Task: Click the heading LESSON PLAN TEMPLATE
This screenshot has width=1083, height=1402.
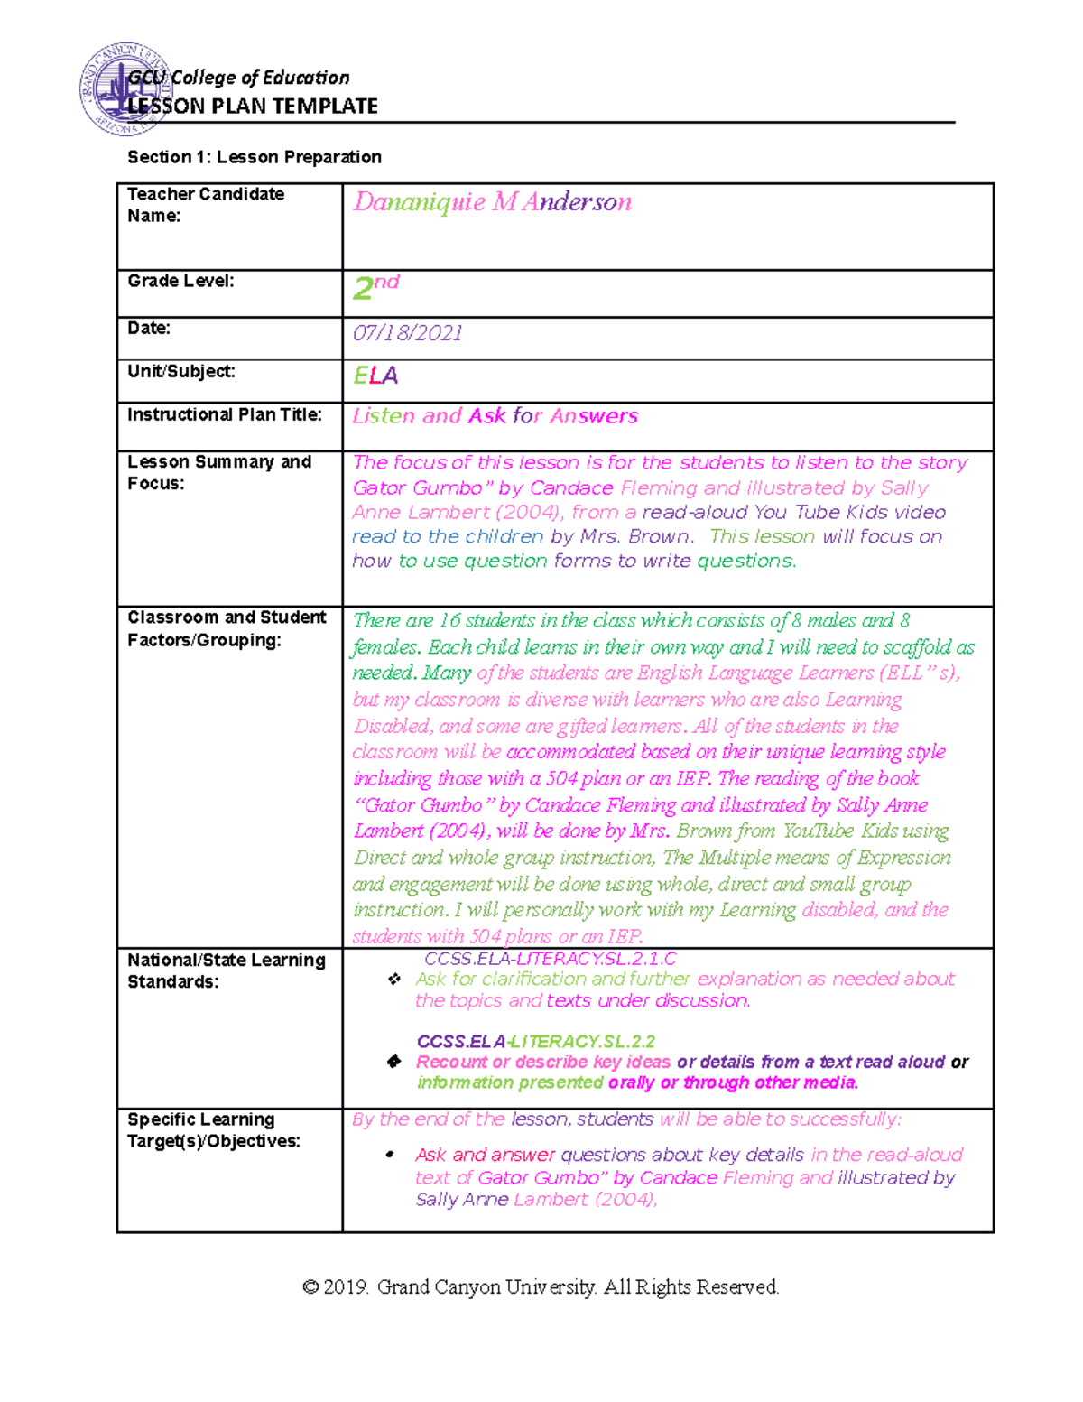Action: (x=253, y=107)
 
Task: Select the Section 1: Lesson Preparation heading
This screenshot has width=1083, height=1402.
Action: (x=255, y=157)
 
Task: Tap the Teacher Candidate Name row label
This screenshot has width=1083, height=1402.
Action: (x=205, y=205)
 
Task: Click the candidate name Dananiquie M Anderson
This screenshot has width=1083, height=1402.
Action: (x=492, y=202)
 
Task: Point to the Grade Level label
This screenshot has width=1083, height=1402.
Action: (x=180, y=281)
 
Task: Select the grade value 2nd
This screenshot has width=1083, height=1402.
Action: (x=375, y=286)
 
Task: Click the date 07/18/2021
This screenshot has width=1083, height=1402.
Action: (x=407, y=333)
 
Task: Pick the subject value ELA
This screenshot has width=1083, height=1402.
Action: (x=375, y=376)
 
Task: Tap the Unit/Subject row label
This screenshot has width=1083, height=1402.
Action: (x=181, y=371)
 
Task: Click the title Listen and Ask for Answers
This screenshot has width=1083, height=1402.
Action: (x=495, y=416)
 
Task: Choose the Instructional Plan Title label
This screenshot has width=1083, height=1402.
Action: (x=225, y=414)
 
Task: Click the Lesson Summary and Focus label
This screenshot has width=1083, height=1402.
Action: (x=219, y=472)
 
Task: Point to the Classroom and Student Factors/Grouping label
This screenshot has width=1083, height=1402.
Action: (x=227, y=628)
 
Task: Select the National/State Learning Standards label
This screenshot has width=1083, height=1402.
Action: (x=226, y=970)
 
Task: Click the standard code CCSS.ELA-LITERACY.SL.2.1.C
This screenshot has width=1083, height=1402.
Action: (x=550, y=959)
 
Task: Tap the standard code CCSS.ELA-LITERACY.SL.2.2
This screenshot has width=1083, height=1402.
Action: (x=536, y=1041)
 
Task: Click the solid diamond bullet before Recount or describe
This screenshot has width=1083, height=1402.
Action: (x=393, y=1062)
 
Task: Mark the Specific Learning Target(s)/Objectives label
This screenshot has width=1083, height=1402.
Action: (x=214, y=1129)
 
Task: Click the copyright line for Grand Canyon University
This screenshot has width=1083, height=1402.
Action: (x=541, y=1286)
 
